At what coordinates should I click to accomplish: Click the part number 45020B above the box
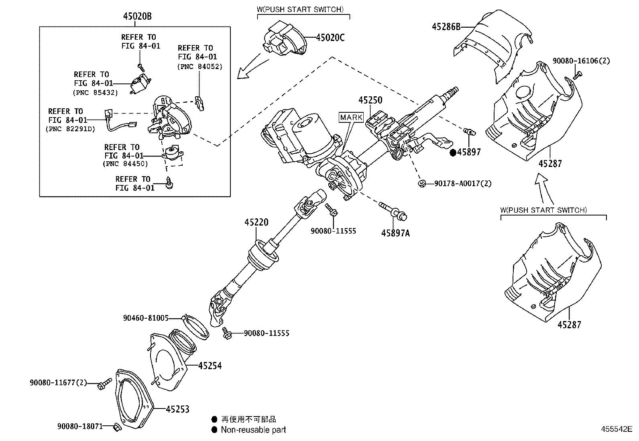pyautogui.click(x=137, y=16)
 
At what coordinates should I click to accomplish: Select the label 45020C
pyautogui.click(x=330, y=38)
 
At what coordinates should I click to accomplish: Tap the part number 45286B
pyautogui.click(x=446, y=26)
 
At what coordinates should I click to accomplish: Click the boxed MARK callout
pyautogui.click(x=351, y=118)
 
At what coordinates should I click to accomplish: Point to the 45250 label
pyautogui.click(x=370, y=100)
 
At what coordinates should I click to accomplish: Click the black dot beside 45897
pyautogui.click(x=453, y=152)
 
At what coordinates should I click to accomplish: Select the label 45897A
pyautogui.click(x=395, y=233)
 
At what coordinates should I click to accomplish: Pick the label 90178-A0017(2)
pyautogui.click(x=463, y=183)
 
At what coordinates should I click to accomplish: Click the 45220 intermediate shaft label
pyautogui.click(x=256, y=222)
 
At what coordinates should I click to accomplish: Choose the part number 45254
pyautogui.click(x=210, y=366)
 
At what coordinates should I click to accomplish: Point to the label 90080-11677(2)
pyautogui.click(x=58, y=382)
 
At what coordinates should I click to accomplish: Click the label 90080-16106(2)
pyautogui.click(x=581, y=61)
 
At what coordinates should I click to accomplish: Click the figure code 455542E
pyautogui.click(x=616, y=429)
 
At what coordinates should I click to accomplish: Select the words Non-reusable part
pyautogui.click(x=253, y=430)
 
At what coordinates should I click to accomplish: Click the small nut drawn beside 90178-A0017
pyautogui.click(x=422, y=183)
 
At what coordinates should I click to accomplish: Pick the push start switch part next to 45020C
pyautogui.click(x=283, y=39)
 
